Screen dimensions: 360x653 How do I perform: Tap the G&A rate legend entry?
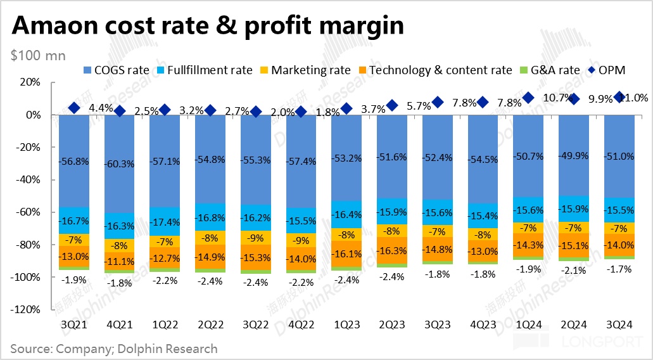[555, 70]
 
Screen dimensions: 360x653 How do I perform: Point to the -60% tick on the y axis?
[31, 212]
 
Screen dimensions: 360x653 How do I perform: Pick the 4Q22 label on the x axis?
[301, 324]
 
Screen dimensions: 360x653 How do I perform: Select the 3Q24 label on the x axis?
[619, 324]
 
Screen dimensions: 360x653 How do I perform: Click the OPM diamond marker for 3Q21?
[74, 108]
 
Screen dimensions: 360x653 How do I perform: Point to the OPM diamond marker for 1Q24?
[528, 98]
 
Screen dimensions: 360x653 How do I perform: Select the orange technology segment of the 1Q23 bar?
[346, 253]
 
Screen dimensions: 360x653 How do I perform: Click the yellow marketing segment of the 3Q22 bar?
[255, 237]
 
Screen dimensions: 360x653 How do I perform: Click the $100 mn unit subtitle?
[37, 55]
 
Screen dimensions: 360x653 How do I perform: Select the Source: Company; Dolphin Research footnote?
[113, 349]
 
